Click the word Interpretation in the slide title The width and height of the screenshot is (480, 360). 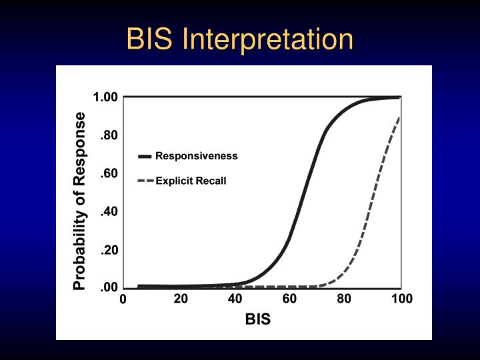(268, 39)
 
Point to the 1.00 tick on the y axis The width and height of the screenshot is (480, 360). (105, 98)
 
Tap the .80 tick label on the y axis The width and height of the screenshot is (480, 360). (109, 135)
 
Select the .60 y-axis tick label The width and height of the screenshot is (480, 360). (109, 173)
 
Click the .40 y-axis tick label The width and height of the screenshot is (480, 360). (109, 212)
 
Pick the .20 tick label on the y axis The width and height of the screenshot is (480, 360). (109, 251)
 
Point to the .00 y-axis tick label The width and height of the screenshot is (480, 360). (109, 288)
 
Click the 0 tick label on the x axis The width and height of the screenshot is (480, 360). (123, 299)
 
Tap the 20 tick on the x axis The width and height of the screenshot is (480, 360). (181, 299)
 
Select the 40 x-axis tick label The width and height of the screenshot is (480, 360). (235, 299)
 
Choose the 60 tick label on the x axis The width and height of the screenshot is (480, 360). (290, 299)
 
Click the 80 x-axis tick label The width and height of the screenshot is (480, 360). (344, 299)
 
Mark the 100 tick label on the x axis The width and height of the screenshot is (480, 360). (401, 299)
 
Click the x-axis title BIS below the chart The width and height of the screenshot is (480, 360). (258, 319)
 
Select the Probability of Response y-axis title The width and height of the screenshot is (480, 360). (80, 201)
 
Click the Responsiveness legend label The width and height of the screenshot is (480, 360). (196, 156)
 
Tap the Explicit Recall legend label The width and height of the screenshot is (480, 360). (191, 181)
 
